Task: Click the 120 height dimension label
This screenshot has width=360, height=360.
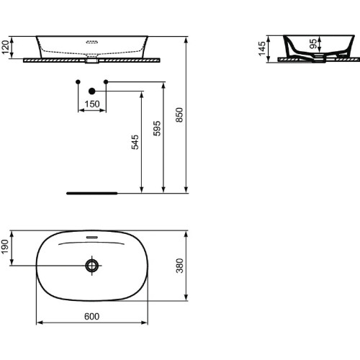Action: [6, 48]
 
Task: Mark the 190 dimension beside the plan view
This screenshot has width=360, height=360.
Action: [6, 247]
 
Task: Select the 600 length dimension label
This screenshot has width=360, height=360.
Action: [91, 315]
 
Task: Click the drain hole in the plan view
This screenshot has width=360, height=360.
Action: [91, 266]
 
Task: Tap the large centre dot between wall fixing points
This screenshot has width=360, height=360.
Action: [91, 91]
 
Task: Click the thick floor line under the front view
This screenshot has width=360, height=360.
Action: [91, 194]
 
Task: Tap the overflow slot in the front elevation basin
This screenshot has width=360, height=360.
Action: [91, 42]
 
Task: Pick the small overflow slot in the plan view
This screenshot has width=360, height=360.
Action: [91, 236]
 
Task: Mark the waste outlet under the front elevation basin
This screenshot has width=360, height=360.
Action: [91, 60]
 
